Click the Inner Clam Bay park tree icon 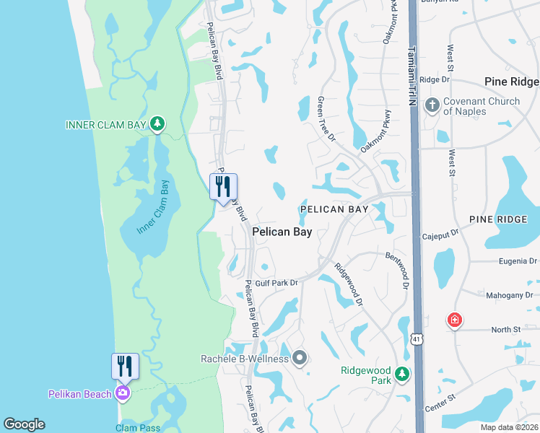tap(157, 125)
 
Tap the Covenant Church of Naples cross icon tap(432, 106)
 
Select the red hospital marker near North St tap(454, 319)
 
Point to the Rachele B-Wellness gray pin tap(300, 358)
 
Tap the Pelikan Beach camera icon tap(123, 393)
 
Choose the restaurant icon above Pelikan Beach tap(124, 366)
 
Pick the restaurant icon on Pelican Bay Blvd tap(223, 186)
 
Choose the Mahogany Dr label tap(508, 294)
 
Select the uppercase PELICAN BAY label tap(334, 209)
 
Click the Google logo tap(24, 424)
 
